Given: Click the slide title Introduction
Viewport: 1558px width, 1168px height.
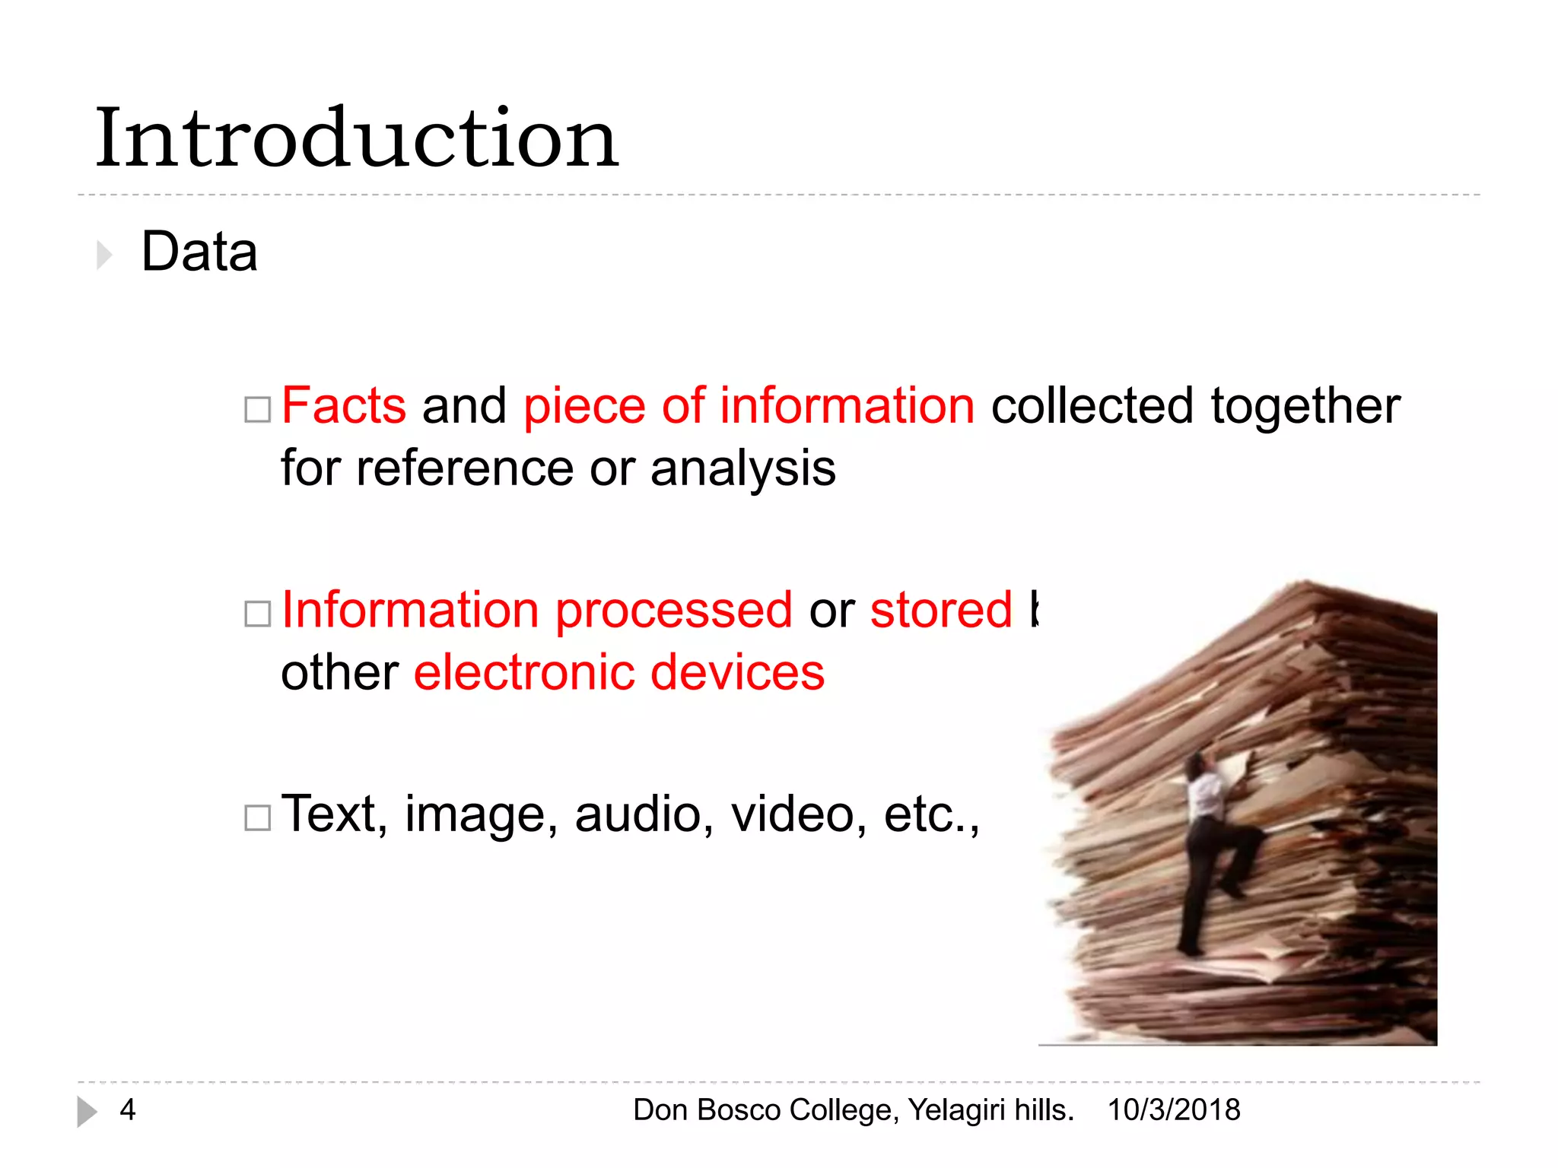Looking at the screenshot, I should (356, 138).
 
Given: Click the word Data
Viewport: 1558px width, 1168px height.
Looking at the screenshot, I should (199, 252).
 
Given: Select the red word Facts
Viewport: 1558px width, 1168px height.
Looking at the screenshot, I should (344, 405).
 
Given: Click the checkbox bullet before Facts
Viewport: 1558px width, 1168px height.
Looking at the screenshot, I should (257, 410).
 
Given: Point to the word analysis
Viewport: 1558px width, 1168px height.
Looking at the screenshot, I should (743, 468).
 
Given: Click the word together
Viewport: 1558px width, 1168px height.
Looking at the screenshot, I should (1305, 406).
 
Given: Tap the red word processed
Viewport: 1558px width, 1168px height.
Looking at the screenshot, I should (674, 611).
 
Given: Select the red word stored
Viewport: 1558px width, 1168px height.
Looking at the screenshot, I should (941, 611).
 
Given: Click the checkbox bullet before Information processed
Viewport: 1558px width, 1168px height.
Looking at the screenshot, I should (257, 614).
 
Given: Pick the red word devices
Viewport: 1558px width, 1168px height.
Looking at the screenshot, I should (737, 673).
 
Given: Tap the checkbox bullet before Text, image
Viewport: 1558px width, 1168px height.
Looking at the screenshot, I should (257, 818).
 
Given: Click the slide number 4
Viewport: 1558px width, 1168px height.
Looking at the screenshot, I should (128, 1110).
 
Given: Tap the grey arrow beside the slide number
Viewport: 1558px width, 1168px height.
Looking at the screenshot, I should (87, 1112).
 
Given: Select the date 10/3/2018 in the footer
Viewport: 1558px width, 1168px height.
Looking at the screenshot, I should (1174, 1110).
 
